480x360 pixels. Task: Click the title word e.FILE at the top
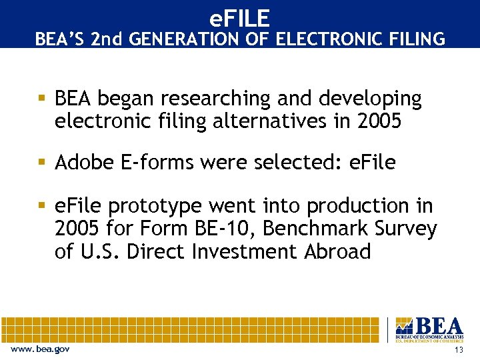239,17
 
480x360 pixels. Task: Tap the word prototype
161,206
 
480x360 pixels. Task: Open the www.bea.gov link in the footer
41,349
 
